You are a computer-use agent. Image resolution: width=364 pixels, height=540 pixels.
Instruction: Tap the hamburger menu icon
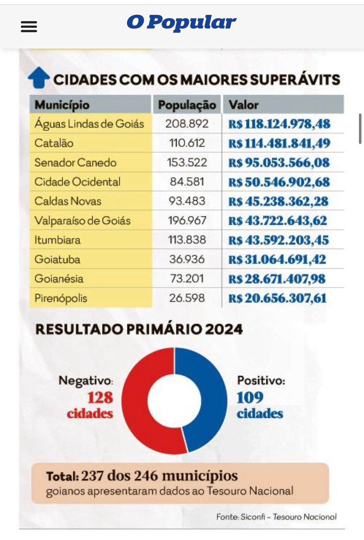[29, 26]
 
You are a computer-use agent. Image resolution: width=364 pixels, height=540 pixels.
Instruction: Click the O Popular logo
[181, 22]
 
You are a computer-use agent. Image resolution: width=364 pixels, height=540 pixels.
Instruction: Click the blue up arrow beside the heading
[38, 78]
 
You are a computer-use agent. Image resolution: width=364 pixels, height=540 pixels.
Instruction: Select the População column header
[187, 105]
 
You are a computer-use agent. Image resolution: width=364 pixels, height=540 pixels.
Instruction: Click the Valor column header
[243, 105]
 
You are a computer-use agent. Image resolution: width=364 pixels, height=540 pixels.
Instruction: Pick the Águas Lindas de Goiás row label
[89, 124]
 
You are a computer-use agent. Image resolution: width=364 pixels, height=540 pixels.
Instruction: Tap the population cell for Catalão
[187, 143]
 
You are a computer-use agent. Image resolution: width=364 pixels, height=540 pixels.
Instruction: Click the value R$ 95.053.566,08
[279, 163]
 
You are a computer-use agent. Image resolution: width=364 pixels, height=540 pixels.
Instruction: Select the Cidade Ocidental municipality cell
[77, 182]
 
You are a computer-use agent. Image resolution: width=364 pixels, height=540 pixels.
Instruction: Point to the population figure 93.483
[187, 201]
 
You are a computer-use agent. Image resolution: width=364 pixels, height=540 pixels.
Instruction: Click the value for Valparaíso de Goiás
[278, 221]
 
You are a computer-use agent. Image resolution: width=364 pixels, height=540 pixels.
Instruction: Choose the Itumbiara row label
[57, 240]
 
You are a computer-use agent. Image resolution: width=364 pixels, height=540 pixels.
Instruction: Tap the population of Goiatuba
[187, 259]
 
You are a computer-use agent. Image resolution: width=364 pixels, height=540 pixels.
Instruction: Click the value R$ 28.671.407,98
[277, 279]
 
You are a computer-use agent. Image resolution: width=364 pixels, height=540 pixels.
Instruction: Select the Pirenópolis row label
[61, 298]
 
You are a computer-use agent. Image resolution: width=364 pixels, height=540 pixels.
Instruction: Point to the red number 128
[100, 398]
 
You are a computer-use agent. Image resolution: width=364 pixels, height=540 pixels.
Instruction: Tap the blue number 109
[250, 398]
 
